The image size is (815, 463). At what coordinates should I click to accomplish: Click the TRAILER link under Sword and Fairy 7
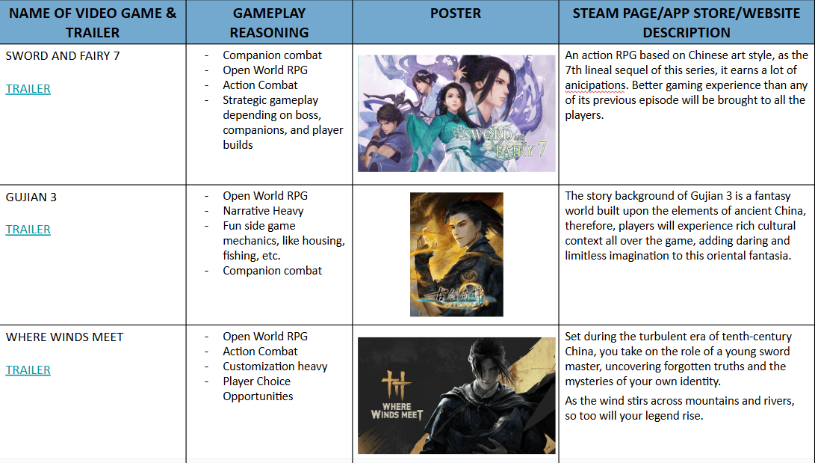tap(28, 89)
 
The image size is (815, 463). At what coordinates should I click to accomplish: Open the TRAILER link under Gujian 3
tap(28, 230)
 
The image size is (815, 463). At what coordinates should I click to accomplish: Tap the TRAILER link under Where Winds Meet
tap(28, 370)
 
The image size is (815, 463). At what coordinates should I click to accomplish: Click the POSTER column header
tap(456, 13)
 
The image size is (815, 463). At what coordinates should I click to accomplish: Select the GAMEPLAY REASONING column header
tap(269, 23)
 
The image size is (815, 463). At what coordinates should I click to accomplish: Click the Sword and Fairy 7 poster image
tap(456, 114)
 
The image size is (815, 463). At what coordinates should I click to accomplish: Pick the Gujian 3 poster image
tap(456, 254)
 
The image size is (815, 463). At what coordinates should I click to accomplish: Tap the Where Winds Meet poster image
tap(456, 396)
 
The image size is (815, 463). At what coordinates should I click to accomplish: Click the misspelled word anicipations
tap(595, 85)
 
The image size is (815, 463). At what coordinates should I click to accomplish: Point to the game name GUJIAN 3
tap(31, 197)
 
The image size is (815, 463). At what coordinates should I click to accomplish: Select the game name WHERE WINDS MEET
tap(64, 337)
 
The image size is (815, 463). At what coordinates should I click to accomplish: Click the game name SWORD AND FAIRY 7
tap(62, 55)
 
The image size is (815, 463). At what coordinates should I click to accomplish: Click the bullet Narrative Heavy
tap(263, 211)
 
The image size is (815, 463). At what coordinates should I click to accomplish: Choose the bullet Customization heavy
tap(275, 367)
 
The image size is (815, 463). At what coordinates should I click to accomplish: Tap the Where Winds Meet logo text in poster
tap(397, 411)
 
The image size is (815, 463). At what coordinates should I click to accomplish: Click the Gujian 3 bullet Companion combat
tap(273, 271)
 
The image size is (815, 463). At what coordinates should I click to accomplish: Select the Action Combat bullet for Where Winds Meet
tap(261, 351)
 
